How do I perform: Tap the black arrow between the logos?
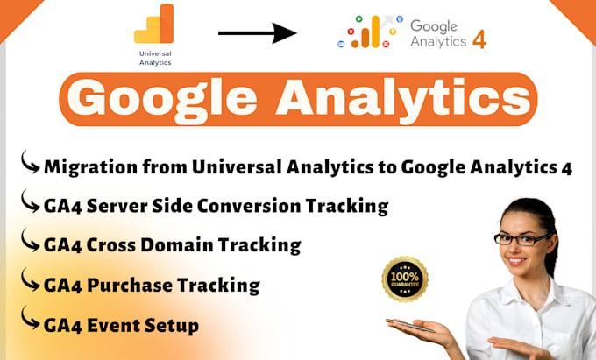[x=256, y=33]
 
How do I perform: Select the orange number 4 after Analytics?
[x=479, y=40]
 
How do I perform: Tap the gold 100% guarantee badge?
[x=405, y=278]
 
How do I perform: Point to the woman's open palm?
[x=421, y=328]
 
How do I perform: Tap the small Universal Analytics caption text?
[x=155, y=58]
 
